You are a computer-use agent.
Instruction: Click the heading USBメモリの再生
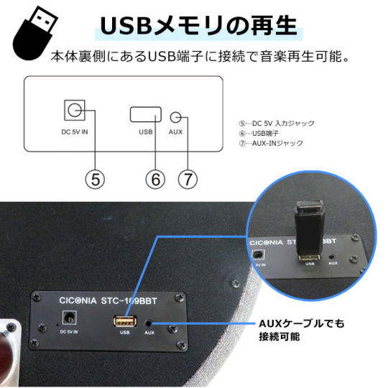pyautogui.click(x=199, y=26)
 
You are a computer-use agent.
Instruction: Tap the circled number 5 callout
pyautogui.click(x=95, y=180)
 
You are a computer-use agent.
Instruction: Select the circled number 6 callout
pyautogui.click(x=155, y=180)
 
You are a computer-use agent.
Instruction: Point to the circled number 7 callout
pyautogui.click(x=188, y=180)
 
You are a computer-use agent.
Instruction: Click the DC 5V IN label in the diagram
pyautogui.click(x=75, y=132)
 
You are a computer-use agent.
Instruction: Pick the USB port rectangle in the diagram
pyautogui.click(x=146, y=114)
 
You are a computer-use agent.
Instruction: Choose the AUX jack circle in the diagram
pyautogui.click(x=175, y=117)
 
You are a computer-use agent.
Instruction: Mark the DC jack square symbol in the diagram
pyautogui.click(x=75, y=110)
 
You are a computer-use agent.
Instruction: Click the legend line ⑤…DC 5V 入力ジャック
pyautogui.click(x=277, y=124)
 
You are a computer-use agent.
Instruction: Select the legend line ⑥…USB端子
pyautogui.click(x=259, y=134)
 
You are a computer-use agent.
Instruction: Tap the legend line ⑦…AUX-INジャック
pyautogui.click(x=271, y=143)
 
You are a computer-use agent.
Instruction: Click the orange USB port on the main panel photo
pyautogui.click(x=125, y=321)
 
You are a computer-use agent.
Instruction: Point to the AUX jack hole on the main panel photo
pyautogui.click(x=149, y=323)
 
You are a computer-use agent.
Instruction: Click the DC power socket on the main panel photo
pyautogui.click(x=69, y=318)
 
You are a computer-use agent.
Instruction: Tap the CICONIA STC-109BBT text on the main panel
pyautogui.click(x=108, y=301)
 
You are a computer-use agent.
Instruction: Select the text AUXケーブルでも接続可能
pyautogui.click(x=301, y=330)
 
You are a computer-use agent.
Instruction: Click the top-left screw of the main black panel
pyautogui.click(x=37, y=297)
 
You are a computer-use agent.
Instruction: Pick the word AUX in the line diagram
pyautogui.click(x=175, y=132)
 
